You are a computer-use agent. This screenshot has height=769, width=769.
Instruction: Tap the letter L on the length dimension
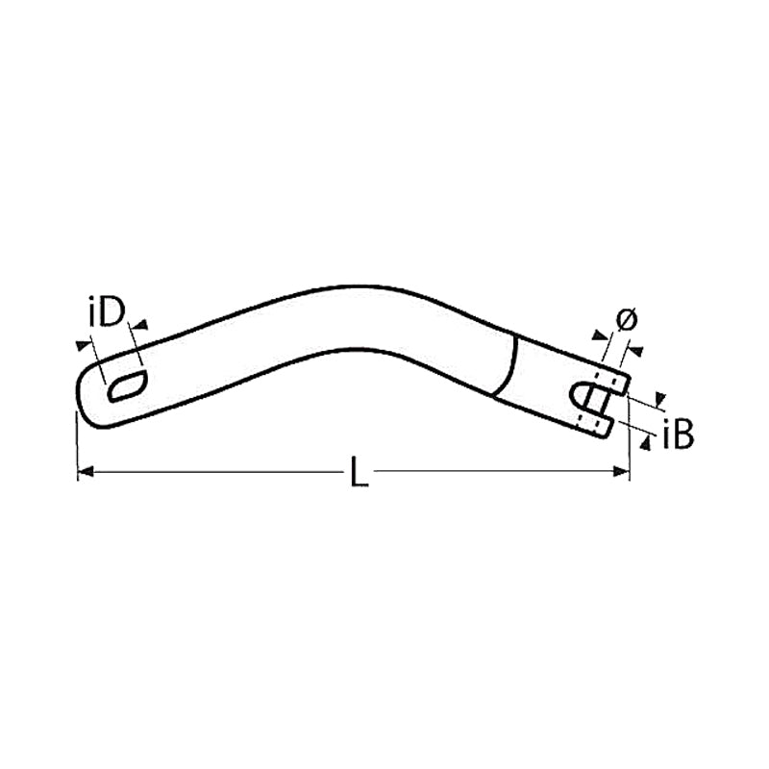click(360, 471)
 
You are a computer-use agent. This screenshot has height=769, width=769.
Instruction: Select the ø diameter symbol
click(627, 320)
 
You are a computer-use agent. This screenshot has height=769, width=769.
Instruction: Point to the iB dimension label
click(678, 434)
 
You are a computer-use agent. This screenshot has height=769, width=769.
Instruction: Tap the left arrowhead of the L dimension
click(86, 471)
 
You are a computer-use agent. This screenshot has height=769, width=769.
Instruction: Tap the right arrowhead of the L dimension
click(621, 471)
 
